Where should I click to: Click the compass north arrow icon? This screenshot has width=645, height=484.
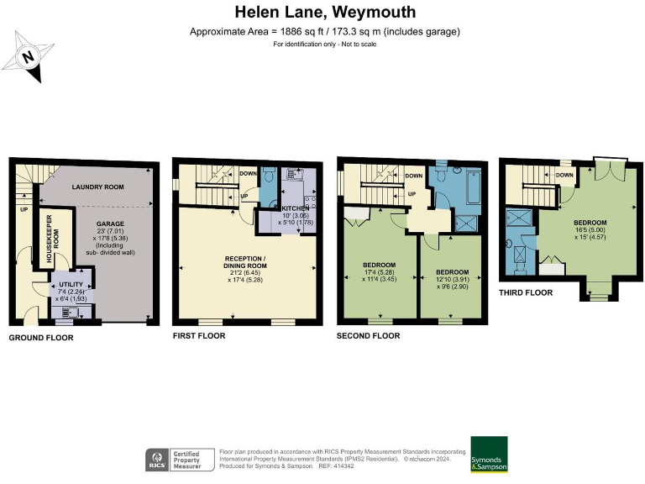click(29, 57)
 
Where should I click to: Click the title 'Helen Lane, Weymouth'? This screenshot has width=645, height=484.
click(325, 13)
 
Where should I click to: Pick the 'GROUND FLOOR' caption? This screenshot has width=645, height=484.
click(41, 338)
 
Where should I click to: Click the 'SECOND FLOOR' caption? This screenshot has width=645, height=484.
click(368, 336)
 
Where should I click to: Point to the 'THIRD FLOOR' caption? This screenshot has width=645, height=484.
click(525, 292)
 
